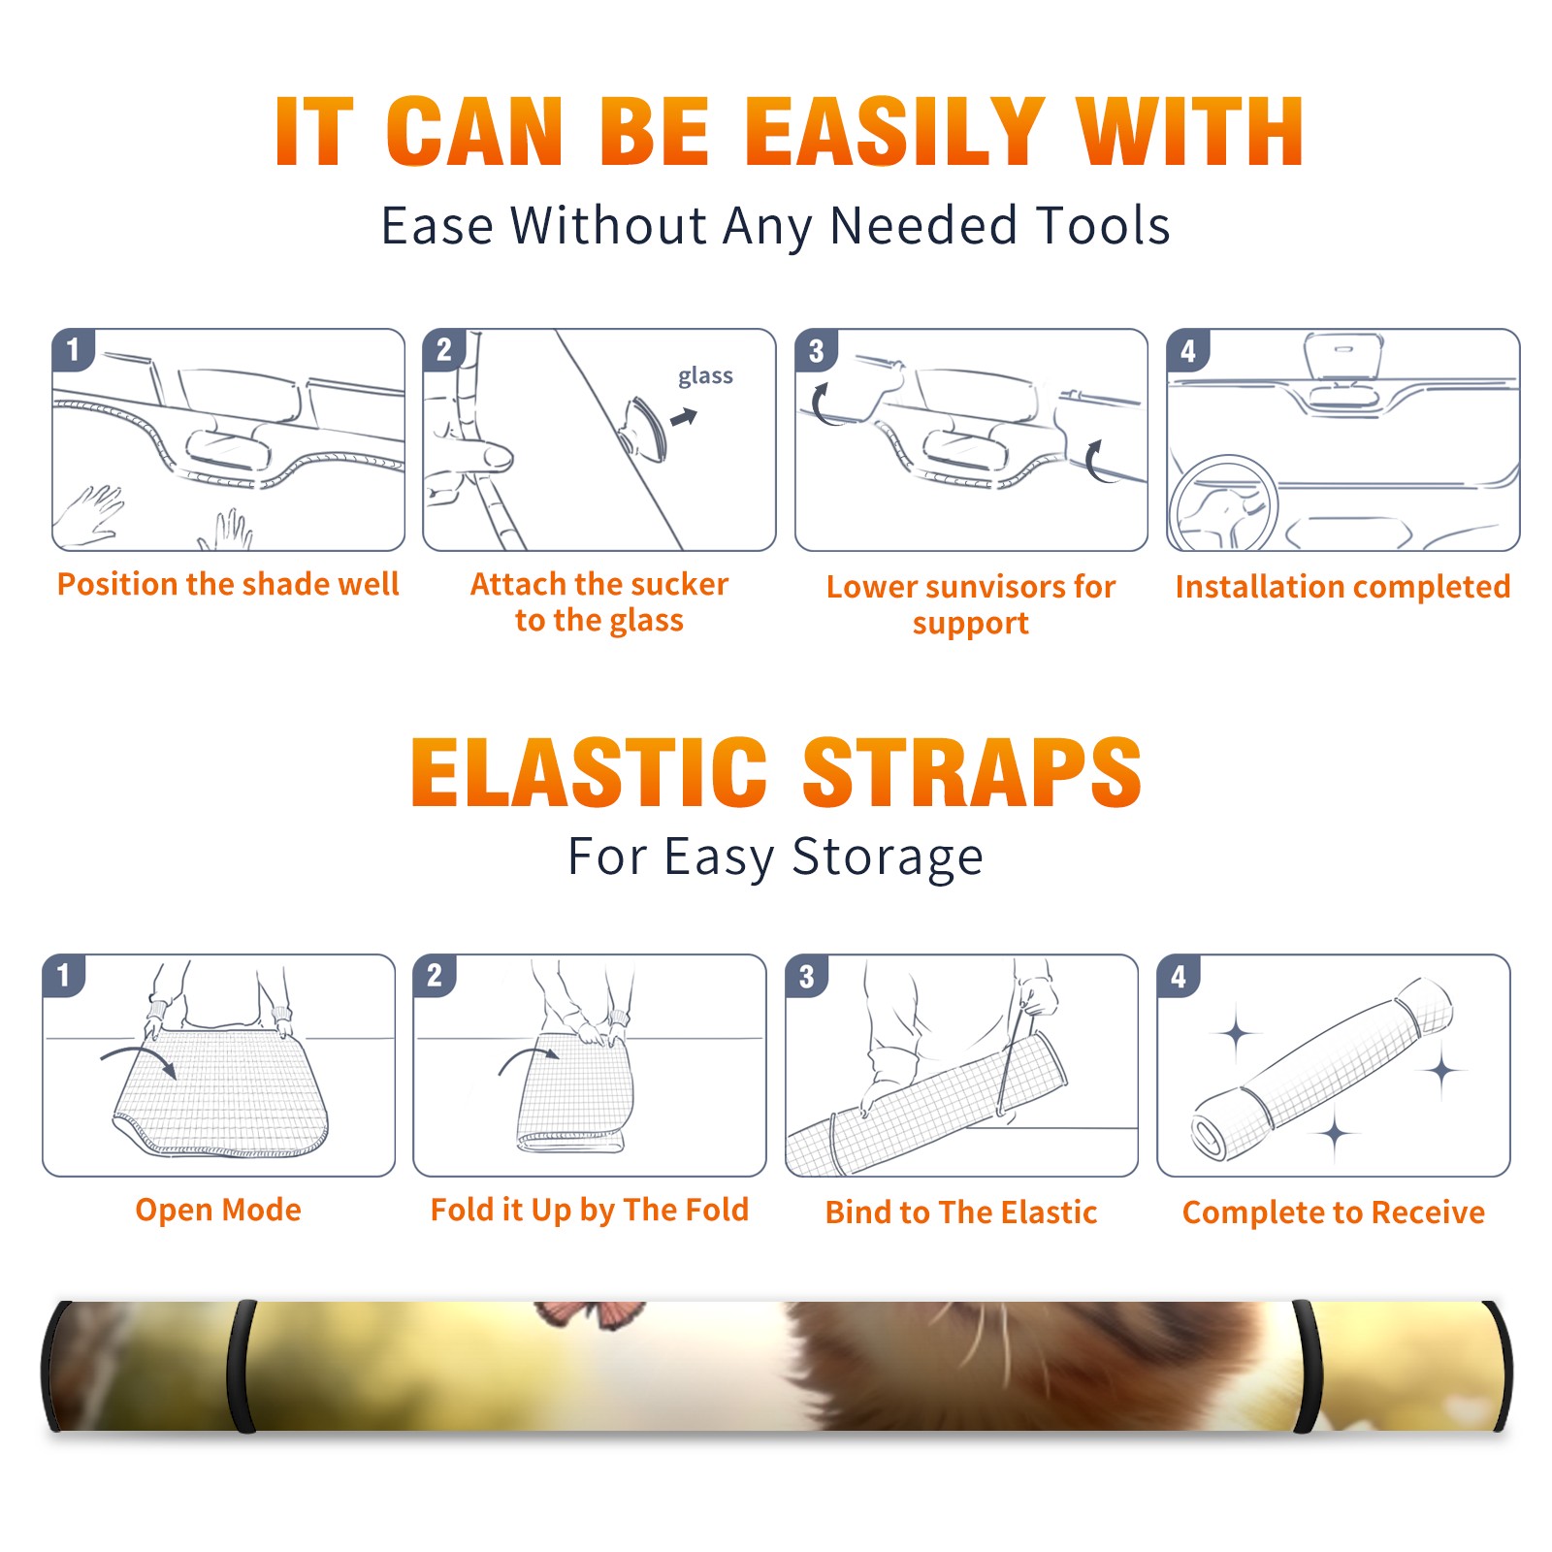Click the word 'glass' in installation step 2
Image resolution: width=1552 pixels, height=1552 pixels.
click(705, 376)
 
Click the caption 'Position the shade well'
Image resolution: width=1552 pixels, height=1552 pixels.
click(228, 584)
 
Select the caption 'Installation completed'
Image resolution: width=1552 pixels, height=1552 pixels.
click(1342, 586)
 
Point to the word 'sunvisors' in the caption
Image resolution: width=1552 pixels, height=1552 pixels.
click(995, 587)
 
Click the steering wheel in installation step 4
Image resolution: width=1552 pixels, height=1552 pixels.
click(1223, 503)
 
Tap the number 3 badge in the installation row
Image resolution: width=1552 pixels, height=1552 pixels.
click(816, 350)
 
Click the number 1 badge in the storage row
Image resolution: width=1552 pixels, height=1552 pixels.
click(64, 975)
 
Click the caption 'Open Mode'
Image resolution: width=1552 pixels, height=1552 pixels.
click(218, 1210)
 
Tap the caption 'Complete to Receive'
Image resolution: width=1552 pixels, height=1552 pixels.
click(1334, 1212)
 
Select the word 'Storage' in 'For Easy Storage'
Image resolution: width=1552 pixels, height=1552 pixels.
click(888, 857)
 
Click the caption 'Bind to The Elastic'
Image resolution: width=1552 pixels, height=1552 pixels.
click(961, 1212)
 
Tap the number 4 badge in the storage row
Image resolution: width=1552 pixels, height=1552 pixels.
click(1179, 975)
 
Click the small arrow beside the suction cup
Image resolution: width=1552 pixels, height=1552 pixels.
click(685, 417)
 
